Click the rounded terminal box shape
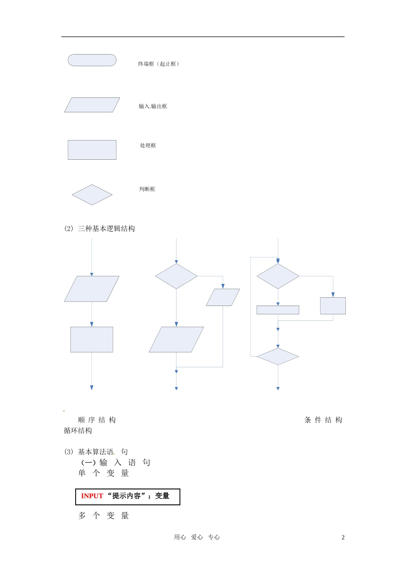tap(92, 60)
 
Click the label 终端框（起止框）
tap(159, 64)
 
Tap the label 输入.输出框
tap(153, 106)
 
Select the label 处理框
tap(148, 146)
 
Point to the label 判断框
tap(147, 189)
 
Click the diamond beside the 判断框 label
tap(92, 195)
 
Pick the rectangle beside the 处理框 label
tap(92, 150)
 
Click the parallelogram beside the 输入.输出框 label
tap(92, 105)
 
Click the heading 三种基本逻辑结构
tap(106, 229)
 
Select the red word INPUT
tap(92, 496)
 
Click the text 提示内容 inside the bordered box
tap(127, 496)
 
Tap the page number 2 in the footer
tap(343, 538)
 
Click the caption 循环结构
tap(78, 431)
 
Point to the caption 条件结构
tap(323, 420)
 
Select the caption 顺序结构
tap(97, 420)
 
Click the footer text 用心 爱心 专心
tap(197, 537)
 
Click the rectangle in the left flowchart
tap(91, 340)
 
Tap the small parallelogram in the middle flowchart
tap(223, 297)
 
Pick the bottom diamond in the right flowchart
tap(278, 357)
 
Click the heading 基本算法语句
tap(103, 452)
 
